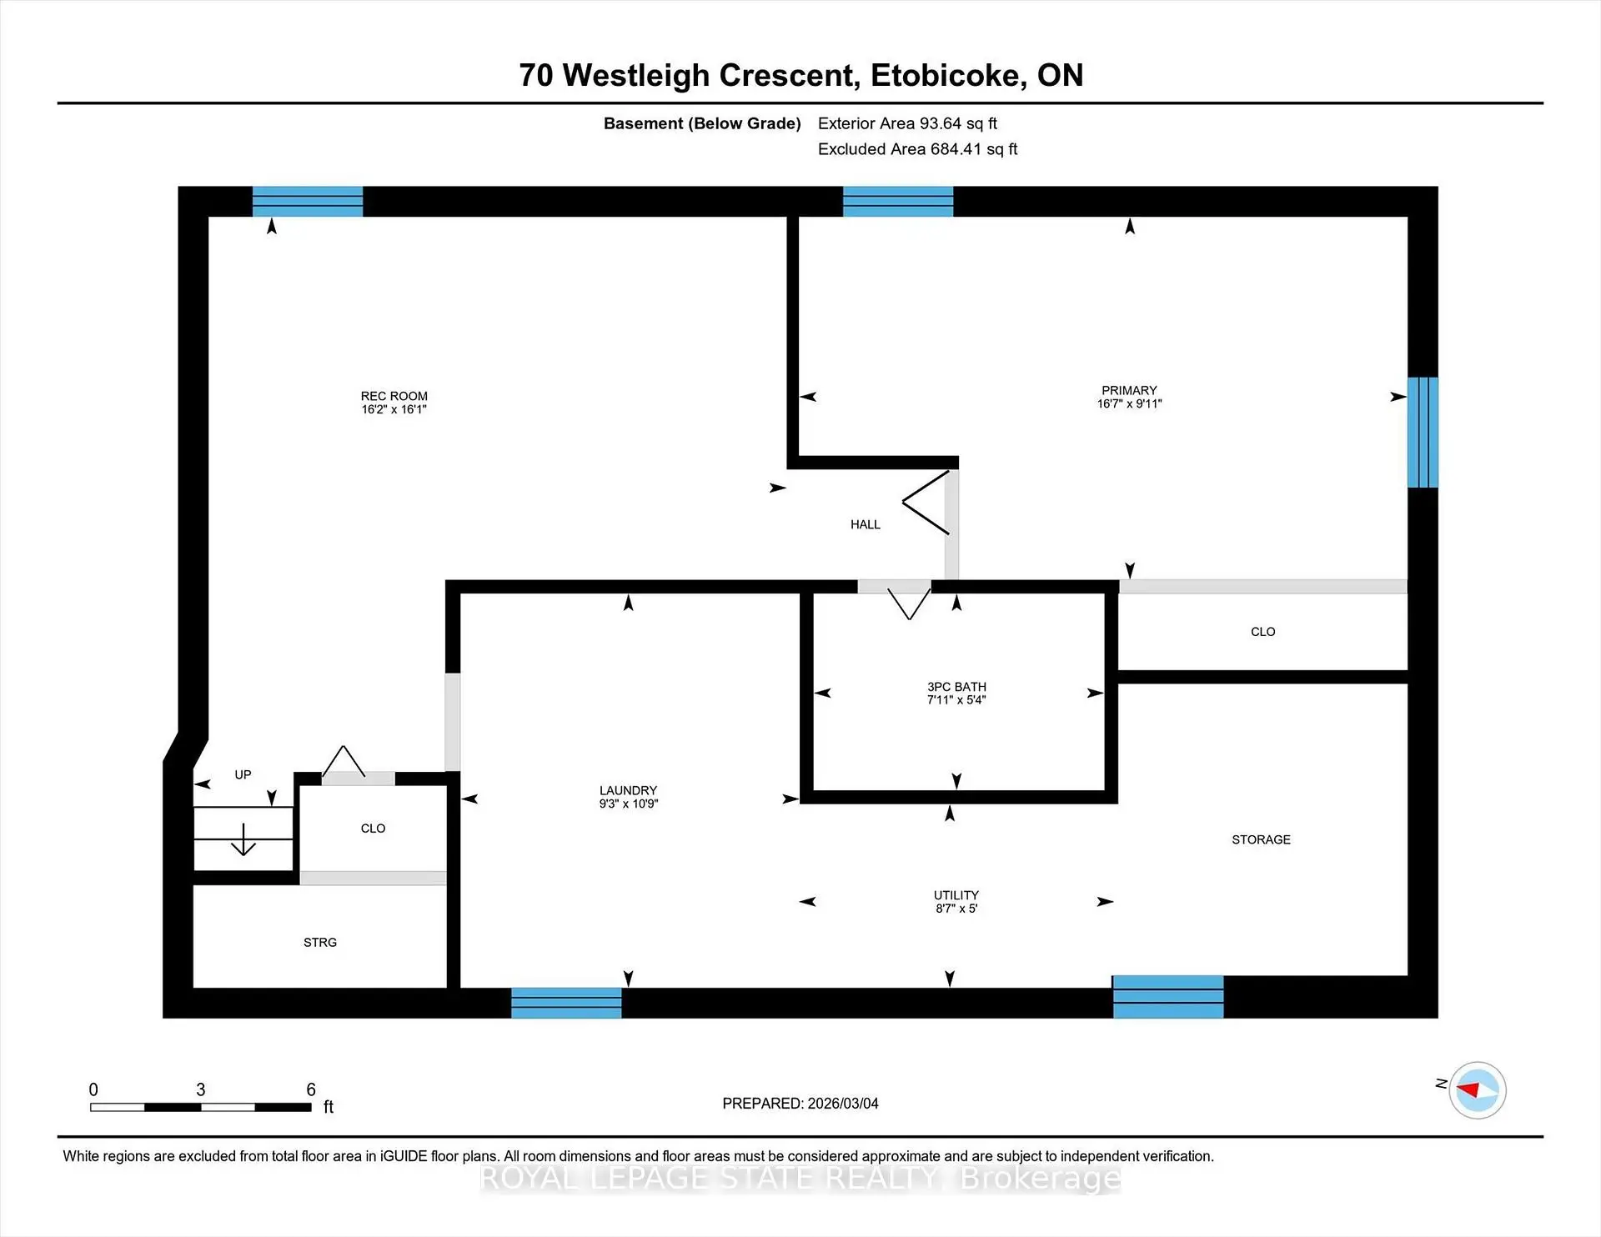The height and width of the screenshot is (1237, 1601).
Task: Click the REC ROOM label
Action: pyautogui.click(x=394, y=396)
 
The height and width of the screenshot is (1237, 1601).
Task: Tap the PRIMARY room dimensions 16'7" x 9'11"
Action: pyautogui.click(x=1129, y=404)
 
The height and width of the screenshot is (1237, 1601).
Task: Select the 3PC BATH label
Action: pyautogui.click(x=956, y=687)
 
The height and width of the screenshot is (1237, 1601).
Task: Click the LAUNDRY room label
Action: pyautogui.click(x=628, y=790)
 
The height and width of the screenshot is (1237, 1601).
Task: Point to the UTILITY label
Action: pyautogui.click(x=956, y=895)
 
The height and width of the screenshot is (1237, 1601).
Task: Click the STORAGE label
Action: pyautogui.click(x=1261, y=839)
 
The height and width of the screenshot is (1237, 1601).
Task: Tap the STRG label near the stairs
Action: pyautogui.click(x=320, y=942)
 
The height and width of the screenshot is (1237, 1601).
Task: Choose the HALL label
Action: pyautogui.click(x=865, y=524)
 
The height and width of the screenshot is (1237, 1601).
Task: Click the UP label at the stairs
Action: pyautogui.click(x=243, y=774)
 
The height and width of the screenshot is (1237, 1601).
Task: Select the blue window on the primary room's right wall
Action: pyautogui.click(x=1423, y=432)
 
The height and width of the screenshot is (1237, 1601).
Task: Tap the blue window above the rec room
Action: pyautogui.click(x=308, y=202)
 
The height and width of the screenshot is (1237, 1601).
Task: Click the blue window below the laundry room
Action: pyautogui.click(x=566, y=1003)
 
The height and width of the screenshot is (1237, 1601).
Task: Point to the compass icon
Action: pyautogui.click(x=1477, y=1089)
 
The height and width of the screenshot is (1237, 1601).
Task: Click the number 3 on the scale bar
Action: pyautogui.click(x=200, y=1089)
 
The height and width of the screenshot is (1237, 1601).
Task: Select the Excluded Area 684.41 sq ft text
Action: pyautogui.click(x=917, y=149)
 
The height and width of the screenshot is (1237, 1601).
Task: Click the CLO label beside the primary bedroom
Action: pyautogui.click(x=1262, y=632)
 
